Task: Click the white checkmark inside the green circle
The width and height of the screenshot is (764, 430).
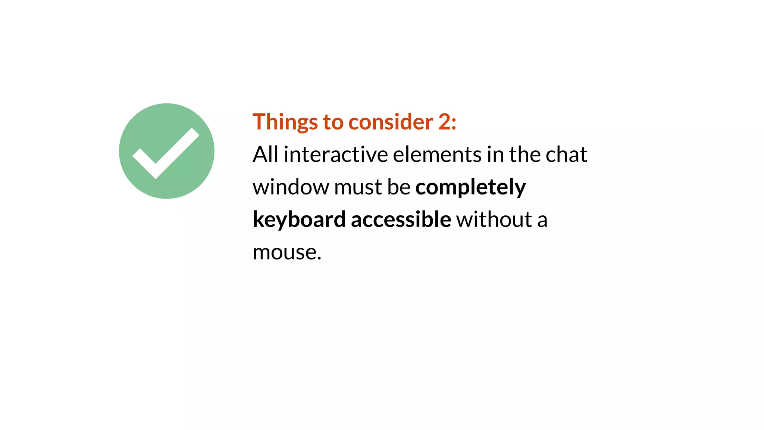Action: point(166,153)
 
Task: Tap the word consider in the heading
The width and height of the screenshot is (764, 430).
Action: point(391,122)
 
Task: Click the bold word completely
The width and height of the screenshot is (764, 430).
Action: point(470,187)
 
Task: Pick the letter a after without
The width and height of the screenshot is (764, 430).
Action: point(542,220)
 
